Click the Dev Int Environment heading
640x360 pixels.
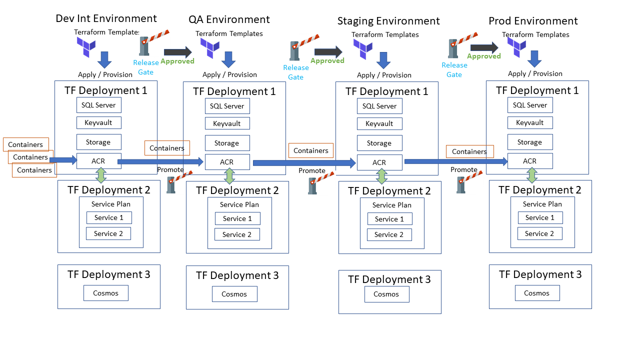[106, 18]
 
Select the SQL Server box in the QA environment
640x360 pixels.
[227, 106]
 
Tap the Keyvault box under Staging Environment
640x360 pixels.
[379, 123]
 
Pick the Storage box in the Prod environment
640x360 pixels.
[529, 142]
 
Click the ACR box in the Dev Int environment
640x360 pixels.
[98, 161]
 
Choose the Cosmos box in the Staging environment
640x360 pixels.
[386, 294]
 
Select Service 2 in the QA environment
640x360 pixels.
[237, 234]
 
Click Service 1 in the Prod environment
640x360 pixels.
[540, 217]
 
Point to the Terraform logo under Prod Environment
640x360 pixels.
[517, 47]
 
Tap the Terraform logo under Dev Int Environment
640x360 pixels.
[86, 47]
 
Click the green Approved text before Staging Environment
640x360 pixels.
[327, 60]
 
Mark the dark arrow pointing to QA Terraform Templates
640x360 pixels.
[177, 52]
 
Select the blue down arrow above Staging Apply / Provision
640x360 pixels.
[383, 60]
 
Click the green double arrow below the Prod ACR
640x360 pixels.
[532, 175]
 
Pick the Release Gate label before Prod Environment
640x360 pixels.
[454, 69]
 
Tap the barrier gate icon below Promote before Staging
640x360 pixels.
[313, 185]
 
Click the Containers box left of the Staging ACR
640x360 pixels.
[310, 150]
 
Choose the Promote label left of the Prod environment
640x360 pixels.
[463, 169]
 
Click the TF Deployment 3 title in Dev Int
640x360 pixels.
[108, 274]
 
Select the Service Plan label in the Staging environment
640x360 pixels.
[391, 205]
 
